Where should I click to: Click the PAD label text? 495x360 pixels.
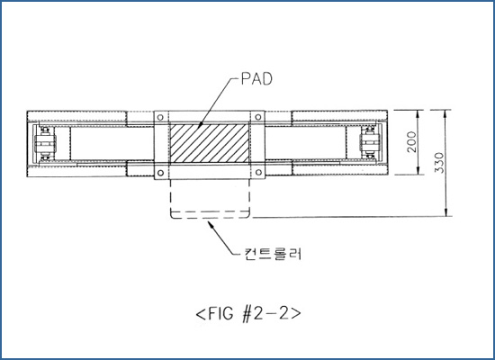pos(256,79)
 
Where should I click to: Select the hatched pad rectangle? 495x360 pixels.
pos(210,143)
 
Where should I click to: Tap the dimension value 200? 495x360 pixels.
pos(411,142)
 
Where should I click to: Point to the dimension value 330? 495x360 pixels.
pos(439,163)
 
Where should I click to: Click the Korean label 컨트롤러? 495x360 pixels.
pos(273,254)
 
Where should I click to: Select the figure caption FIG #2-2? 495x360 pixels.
pos(248,313)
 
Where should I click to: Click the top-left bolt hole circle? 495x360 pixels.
pos(160,118)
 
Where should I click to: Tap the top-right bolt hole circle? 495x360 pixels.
pos(258,117)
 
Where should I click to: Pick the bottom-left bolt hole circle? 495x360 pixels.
pos(160,173)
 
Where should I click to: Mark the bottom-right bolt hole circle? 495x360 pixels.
pos(258,173)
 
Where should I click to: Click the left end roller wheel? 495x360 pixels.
pos(46,143)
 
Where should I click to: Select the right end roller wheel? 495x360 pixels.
pos(369,142)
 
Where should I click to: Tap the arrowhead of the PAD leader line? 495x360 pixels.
pos(201,125)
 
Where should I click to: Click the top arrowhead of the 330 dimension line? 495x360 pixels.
pos(445,113)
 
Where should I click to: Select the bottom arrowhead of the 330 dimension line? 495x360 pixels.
pos(445,212)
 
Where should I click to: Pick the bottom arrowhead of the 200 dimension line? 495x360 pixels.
pos(418,170)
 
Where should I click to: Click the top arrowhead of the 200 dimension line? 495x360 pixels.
pos(418,114)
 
